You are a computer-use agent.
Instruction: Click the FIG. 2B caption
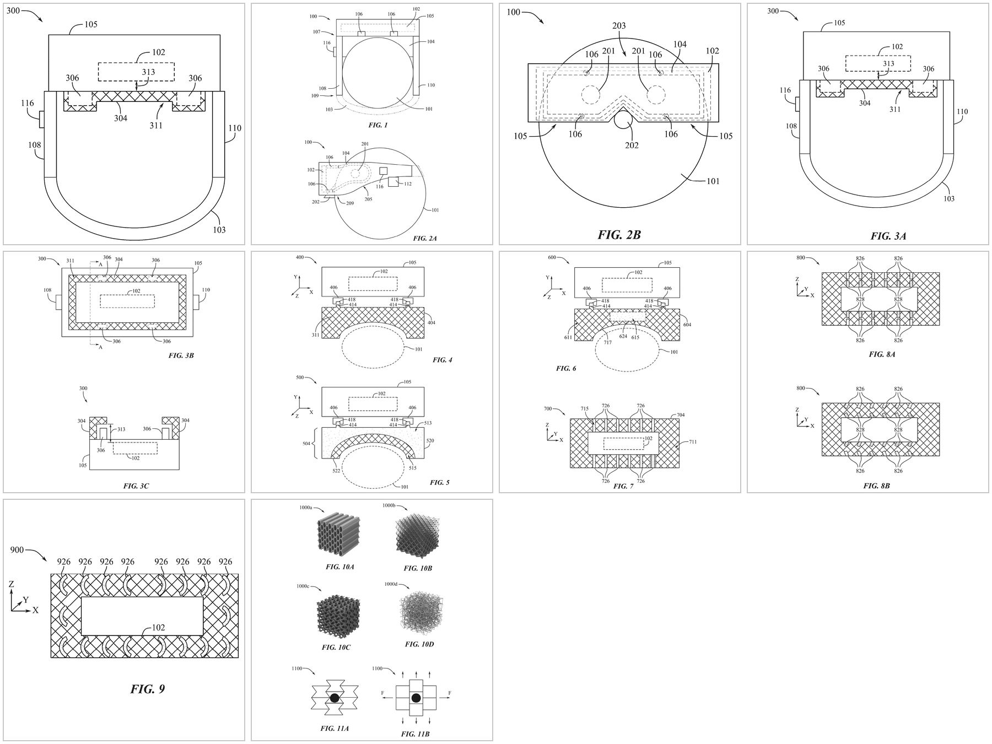pos(619,235)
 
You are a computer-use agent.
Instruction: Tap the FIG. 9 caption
pos(147,689)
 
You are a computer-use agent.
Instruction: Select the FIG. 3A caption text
pos(888,236)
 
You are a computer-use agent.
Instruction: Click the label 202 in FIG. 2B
pos(632,145)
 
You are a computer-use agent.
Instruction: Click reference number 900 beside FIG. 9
pos(17,550)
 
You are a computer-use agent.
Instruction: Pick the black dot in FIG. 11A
pos(335,698)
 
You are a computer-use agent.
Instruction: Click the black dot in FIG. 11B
pos(416,698)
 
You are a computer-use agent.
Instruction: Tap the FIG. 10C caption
pos(338,648)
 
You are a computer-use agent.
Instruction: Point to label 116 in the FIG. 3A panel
pos(785,90)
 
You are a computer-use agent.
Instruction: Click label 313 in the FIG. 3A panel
pos(888,63)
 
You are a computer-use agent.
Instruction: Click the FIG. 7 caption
pos(623,486)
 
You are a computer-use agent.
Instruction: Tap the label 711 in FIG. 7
pos(692,442)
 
